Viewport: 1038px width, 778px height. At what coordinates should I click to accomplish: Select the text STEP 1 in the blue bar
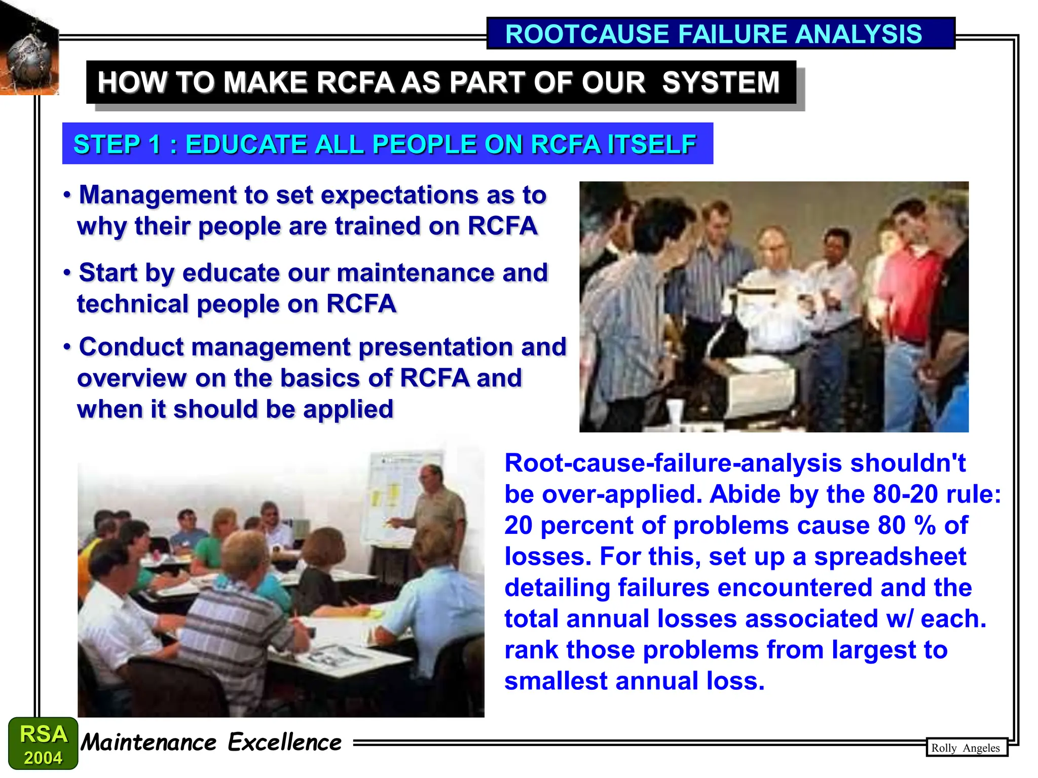click(117, 144)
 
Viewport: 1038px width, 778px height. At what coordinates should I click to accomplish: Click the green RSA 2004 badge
click(43, 744)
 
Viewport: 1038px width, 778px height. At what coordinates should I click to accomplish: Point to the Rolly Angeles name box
click(966, 748)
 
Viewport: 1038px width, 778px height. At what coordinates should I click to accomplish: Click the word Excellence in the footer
click(284, 743)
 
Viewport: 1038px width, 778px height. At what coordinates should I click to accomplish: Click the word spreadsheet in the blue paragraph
click(890, 557)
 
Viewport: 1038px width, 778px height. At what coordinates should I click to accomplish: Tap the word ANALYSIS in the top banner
click(858, 34)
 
